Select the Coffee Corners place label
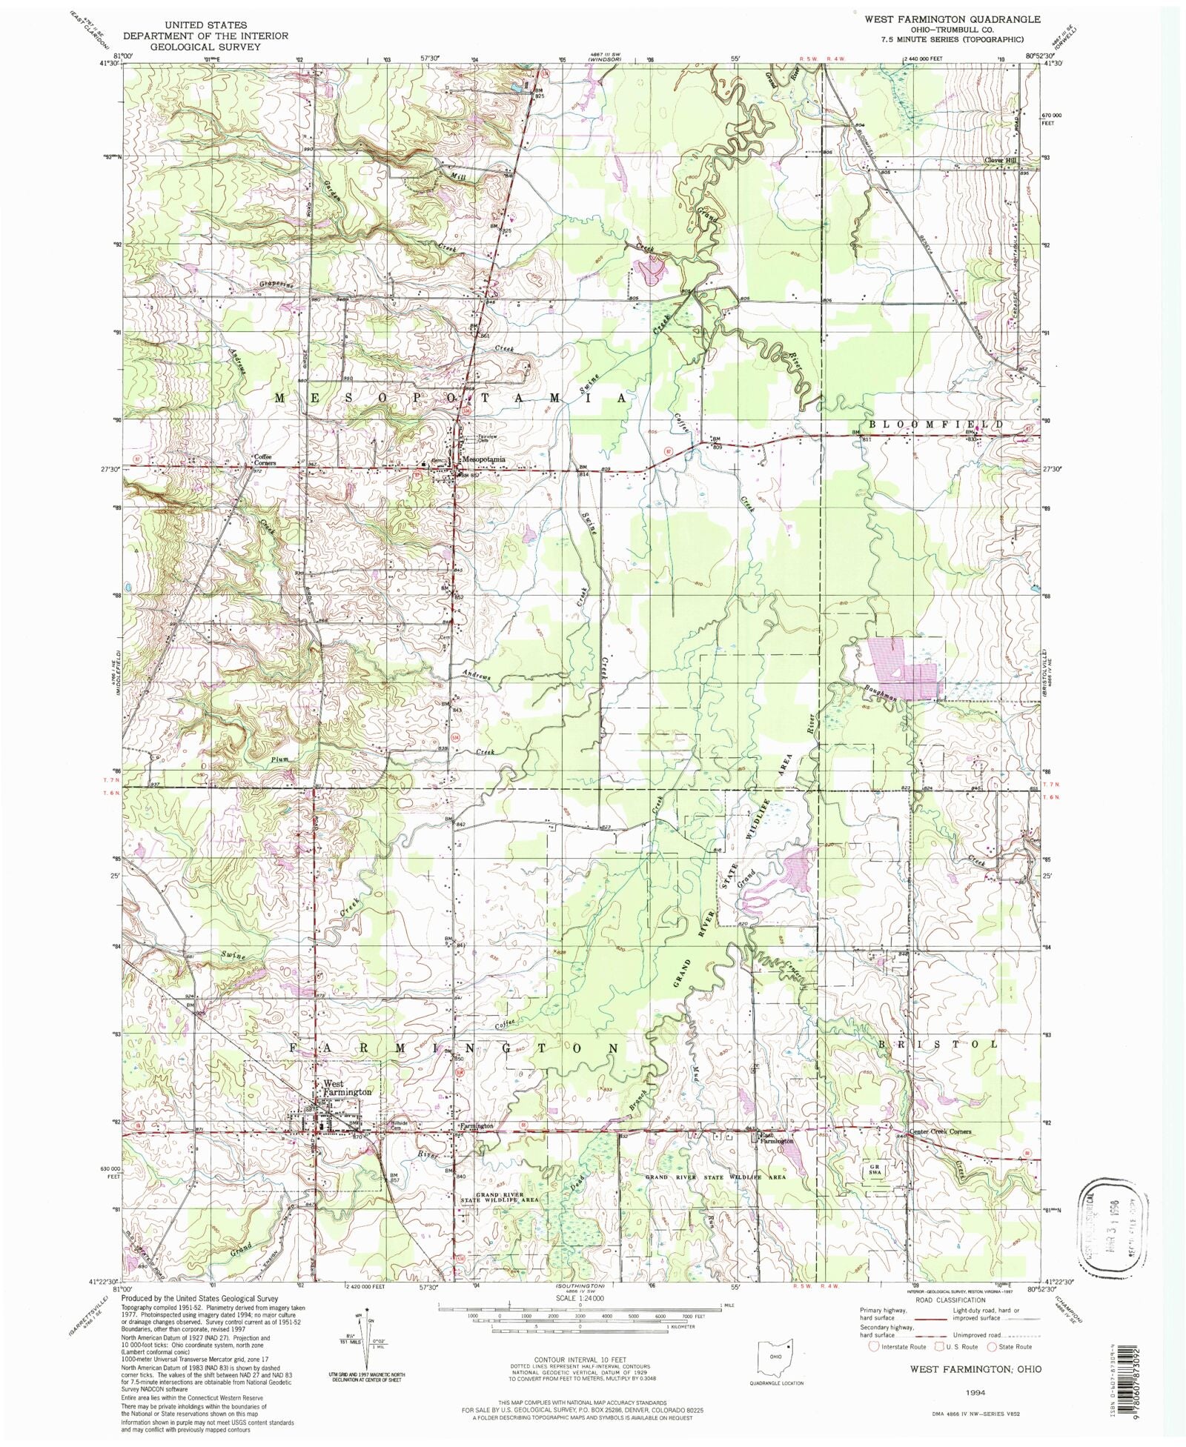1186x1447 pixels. click(x=265, y=459)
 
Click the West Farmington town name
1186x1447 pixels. click(x=347, y=1087)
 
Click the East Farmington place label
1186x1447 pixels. click(x=775, y=1141)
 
